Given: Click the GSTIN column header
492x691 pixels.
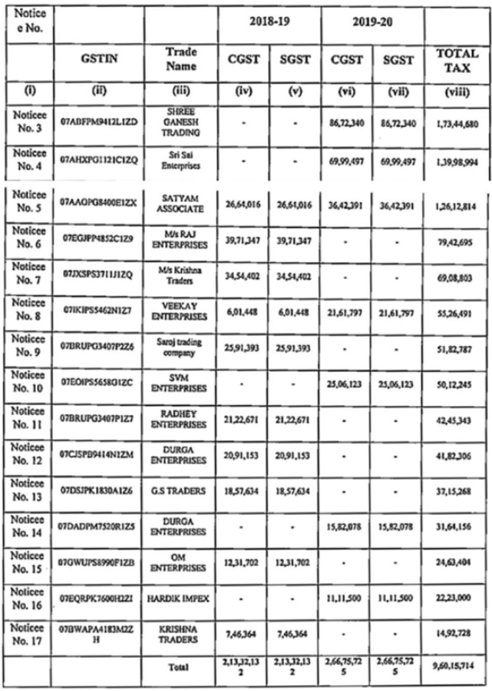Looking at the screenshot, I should [98, 59].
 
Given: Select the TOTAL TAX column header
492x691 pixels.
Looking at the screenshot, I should [457, 59].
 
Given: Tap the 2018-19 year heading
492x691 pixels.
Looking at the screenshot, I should [268, 23].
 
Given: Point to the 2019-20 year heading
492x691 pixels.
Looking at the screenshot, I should [372, 23].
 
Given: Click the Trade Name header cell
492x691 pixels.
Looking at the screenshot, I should [180, 59].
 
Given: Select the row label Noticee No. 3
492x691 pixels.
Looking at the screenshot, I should [27, 121].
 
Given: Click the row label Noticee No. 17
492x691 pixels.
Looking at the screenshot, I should [27, 634].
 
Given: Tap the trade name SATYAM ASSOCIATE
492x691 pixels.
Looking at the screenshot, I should [180, 202].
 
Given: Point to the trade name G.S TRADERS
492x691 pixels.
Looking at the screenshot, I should [180, 490].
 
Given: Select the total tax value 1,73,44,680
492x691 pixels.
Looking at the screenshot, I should [457, 123].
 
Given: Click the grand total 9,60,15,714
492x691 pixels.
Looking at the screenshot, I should [457, 666].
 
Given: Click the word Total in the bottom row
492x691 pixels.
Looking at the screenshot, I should [180, 667].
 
